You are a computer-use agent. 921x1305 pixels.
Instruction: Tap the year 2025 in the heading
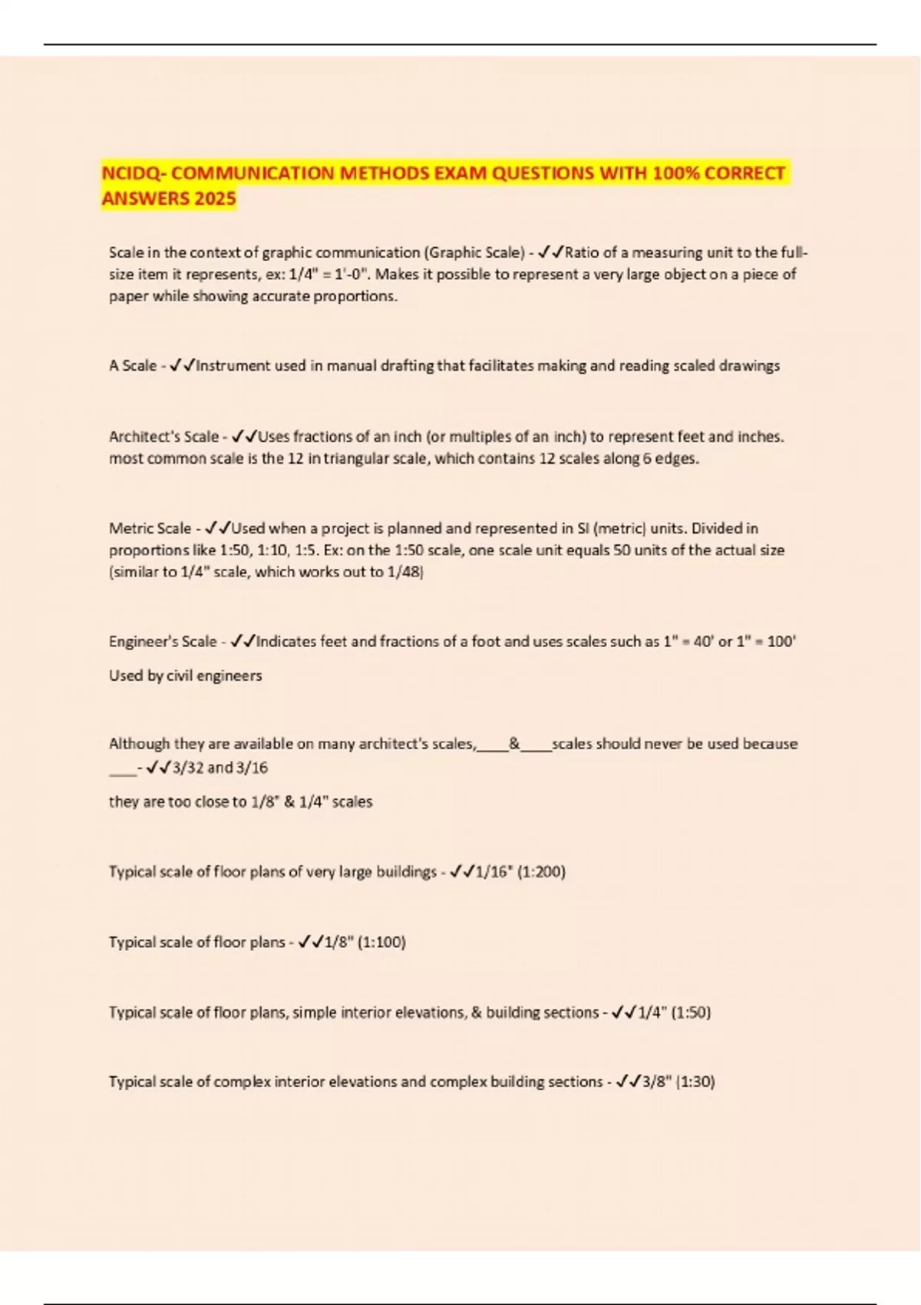[215, 199]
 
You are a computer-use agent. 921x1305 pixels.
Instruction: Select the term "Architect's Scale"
[163, 437]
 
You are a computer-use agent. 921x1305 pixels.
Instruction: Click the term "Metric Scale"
[150, 528]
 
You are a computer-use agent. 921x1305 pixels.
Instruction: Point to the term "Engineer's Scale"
[163, 642]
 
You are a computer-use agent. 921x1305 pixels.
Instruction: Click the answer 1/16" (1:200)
[520, 872]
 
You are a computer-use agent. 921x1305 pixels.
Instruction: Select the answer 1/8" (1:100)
[365, 942]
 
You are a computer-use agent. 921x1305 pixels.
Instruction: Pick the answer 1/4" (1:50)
[674, 1013]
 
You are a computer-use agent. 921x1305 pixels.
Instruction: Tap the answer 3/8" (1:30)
[678, 1082]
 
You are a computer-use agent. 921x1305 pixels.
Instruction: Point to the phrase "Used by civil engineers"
[185, 676]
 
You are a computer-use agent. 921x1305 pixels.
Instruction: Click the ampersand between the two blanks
[514, 744]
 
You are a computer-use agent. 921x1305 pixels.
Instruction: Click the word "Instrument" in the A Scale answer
[233, 366]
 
